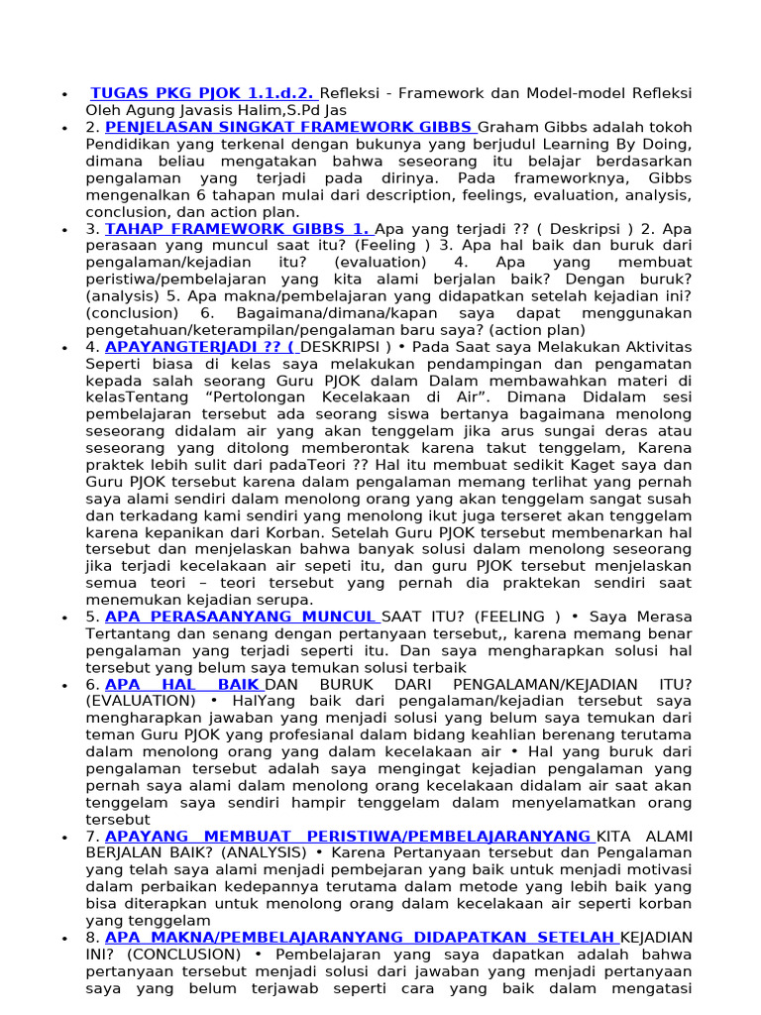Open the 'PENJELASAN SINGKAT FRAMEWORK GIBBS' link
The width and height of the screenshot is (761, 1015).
point(289,128)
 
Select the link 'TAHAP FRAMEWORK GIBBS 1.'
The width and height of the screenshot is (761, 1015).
point(238,229)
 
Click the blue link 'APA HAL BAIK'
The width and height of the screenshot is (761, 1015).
point(183,684)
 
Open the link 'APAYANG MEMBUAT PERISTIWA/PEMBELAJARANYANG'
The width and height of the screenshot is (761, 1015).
point(348,836)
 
